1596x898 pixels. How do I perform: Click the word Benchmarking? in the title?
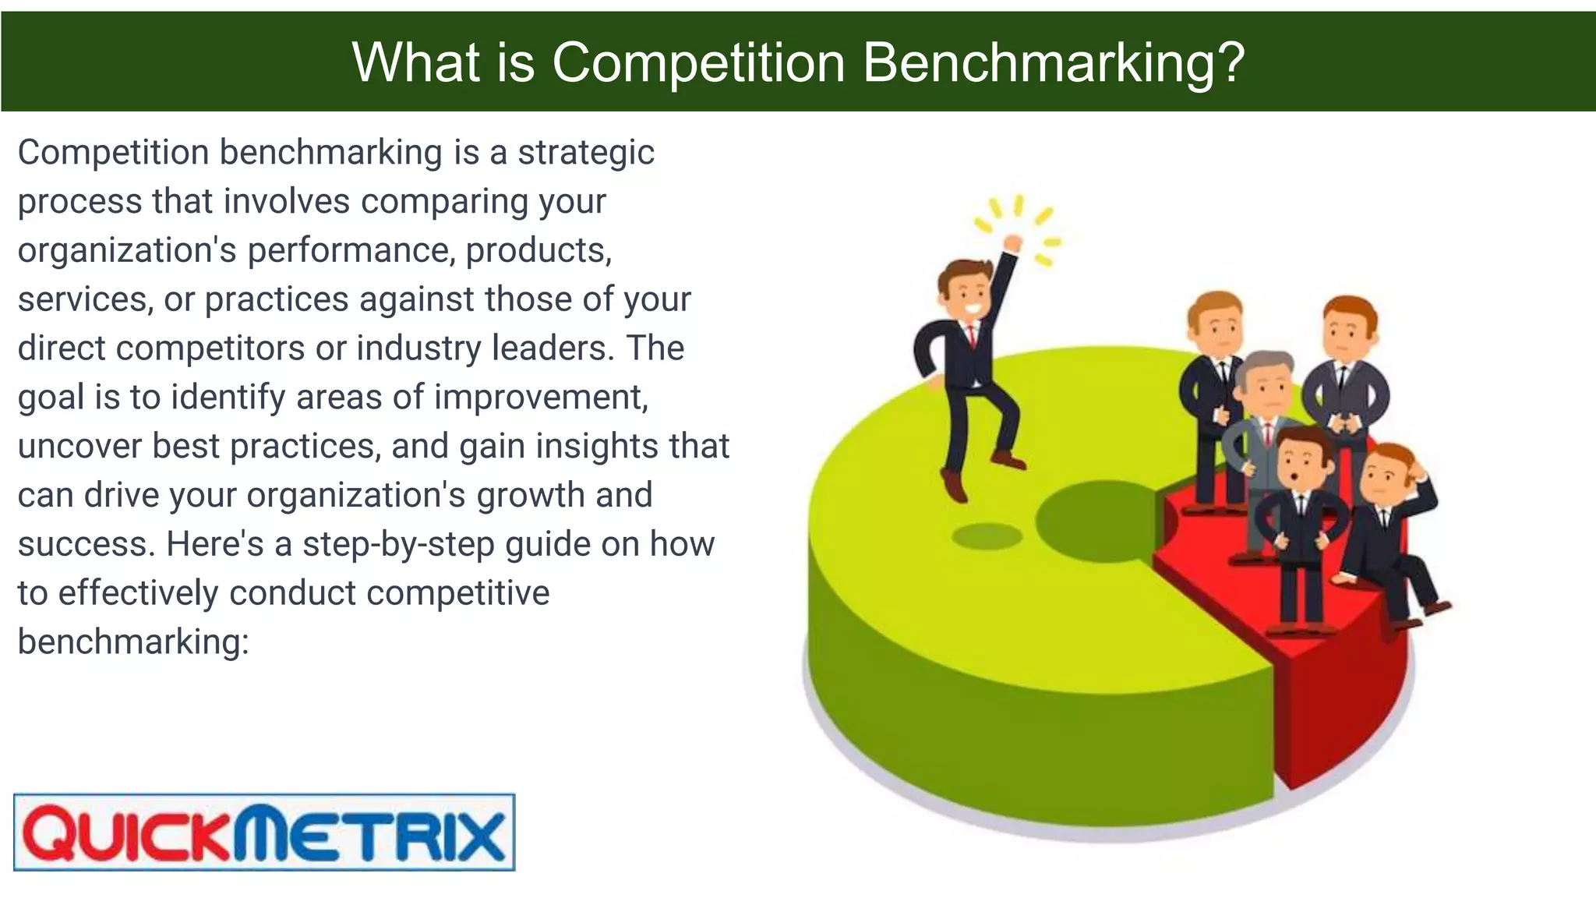click(1054, 62)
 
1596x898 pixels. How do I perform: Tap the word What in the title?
click(416, 62)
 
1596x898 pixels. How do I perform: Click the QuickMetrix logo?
click(264, 832)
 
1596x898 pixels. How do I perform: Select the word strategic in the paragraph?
click(586, 152)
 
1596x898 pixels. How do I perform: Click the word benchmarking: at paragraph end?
click(133, 642)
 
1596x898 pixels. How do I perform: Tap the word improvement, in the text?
click(541, 397)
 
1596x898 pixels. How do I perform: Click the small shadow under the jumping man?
click(987, 536)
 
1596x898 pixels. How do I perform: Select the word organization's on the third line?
click(127, 250)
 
